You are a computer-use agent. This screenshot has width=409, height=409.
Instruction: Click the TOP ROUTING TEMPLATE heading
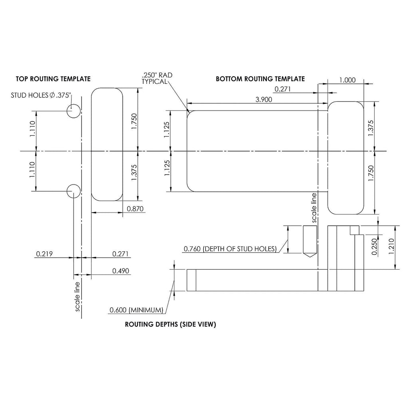pyautogui.click(x=53, y=79)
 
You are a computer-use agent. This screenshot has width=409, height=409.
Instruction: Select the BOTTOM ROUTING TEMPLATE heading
pyautogui.click(x=260, y=79)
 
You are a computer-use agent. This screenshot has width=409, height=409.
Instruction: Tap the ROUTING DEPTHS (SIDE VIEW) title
pyautogui.click(x=170, y=324)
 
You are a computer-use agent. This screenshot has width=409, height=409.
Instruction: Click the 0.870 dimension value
pyautogui.click(x=135, y=208)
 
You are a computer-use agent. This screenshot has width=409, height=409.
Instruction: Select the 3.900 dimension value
pyautogui.click(x=264, y=99)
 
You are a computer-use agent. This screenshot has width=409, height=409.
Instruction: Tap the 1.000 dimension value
pyautogui.click(x=347, y=80)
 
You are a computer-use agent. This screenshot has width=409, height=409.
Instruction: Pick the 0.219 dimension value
pyautogui.click(x=44, y=254)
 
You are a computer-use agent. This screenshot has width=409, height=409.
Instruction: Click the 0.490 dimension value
pyautogui.click(x=121, y=271)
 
